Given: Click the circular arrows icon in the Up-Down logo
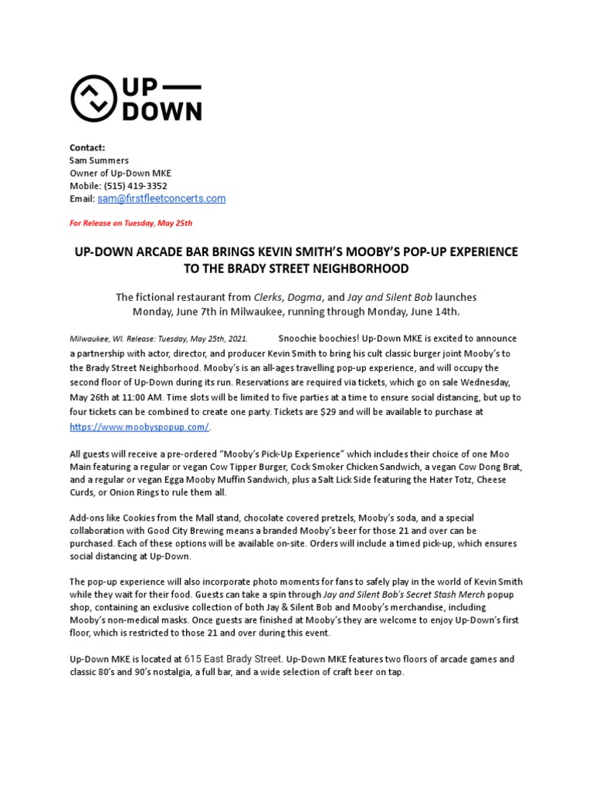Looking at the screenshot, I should (94, 98).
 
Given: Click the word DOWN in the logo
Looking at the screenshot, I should (163, 111).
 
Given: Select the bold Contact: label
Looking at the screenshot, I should (87, 147).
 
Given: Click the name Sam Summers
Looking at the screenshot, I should (99, 160).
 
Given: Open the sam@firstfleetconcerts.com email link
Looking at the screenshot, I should (161, 199).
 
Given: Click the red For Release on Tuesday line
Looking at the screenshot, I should (130, 224).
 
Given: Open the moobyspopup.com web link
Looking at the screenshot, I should (139, 427).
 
